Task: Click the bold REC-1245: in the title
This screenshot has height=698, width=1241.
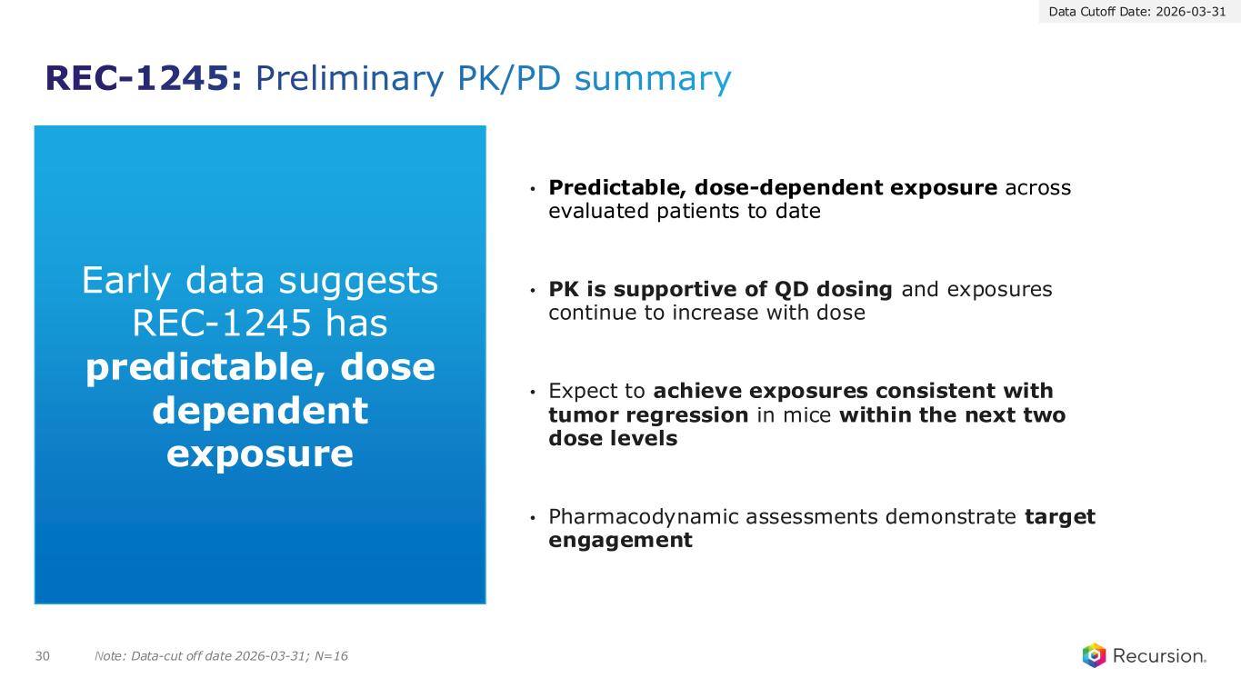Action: [144, 78]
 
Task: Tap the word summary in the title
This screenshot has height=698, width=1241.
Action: [653, 80]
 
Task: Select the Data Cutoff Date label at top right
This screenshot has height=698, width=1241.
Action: [1137, 12]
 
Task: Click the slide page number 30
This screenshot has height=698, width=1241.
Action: [43, 656]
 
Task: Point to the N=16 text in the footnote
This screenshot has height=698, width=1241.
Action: [331, 656]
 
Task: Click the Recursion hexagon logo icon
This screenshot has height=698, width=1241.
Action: [1094, 655]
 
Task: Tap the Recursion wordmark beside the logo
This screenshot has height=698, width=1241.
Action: [1159, 656]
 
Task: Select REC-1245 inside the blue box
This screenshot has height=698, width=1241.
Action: [222, 323]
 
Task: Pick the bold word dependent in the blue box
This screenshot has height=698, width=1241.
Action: [260, 411]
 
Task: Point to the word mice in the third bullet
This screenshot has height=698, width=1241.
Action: [807, 415]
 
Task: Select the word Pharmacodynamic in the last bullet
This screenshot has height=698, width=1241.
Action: [643, 517]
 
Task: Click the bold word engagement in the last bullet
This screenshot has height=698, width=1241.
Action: [620, 541]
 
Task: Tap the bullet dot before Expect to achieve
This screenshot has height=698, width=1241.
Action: [533, 393]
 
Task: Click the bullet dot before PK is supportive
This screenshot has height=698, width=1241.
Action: [533, 291]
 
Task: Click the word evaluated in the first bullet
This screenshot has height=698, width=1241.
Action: [598, 211]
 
